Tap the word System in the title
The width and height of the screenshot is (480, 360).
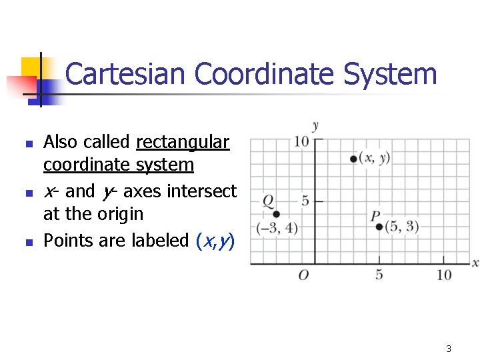(x=391, y=74)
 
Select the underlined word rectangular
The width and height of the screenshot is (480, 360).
(x=183, y=142)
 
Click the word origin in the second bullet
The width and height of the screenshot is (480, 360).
(x=121, y=214)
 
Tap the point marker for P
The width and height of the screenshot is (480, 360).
(x=379, y=227)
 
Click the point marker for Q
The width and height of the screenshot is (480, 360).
(x=275, y=214)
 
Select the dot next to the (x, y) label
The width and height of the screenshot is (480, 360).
(x=353, y=159)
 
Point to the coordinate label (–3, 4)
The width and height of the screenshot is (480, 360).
(x=277, y=228)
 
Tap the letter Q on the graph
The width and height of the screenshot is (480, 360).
(x=268, y=201)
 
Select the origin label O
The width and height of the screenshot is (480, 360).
(x=303, y=275)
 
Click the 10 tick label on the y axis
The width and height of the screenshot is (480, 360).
(x=301, y=141)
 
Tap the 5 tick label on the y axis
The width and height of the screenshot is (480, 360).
(x=305, y=201)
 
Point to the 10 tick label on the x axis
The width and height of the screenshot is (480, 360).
(x=444, y=275)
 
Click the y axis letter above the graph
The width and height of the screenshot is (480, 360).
(x=315, y=126)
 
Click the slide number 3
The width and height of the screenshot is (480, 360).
(x=449, y=349)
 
